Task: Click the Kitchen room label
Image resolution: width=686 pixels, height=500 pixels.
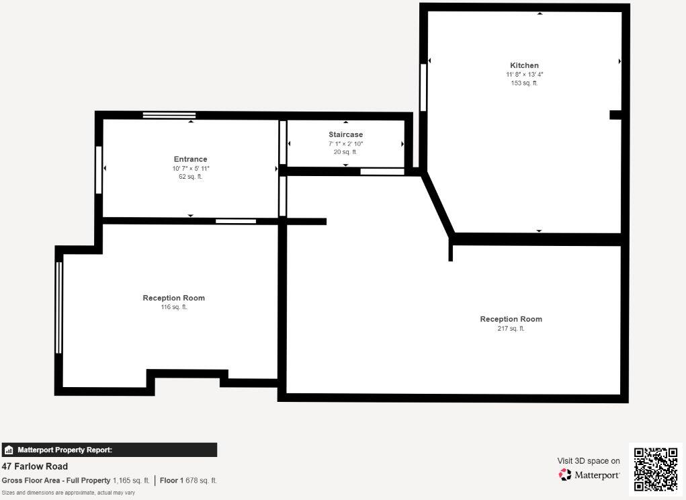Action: pos(524,65)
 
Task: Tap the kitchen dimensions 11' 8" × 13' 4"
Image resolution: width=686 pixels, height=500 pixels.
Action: pos(524,75)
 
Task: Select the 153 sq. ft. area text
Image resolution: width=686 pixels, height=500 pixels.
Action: pos(524,83)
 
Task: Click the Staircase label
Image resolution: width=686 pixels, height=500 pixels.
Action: pos(345,134)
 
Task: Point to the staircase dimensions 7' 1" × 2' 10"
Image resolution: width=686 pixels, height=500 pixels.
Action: pos(345,144)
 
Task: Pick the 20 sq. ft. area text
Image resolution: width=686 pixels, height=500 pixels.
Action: pos(345,152)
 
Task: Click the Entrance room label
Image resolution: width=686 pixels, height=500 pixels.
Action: pos(190,159)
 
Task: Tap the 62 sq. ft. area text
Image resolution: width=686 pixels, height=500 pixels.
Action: pos(190,177)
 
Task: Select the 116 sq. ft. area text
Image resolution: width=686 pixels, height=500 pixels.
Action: pos(173,307)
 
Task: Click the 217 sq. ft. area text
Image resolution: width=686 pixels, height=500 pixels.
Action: pos(511,329)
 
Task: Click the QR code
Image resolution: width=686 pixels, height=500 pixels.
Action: pos(656,468)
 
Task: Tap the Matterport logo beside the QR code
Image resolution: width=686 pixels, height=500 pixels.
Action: pos(589,475)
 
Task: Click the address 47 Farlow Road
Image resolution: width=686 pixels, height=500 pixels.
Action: pos(35,466)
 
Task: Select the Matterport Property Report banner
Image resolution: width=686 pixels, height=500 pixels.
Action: pos(109,450)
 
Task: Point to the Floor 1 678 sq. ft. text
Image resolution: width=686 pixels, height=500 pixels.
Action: pos(188,481)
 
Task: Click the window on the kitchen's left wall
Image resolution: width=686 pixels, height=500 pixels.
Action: pos(423,87)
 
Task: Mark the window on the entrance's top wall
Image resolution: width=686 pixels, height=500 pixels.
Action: pos(169,116)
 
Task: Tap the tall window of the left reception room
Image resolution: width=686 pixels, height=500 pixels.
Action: pos(59,307)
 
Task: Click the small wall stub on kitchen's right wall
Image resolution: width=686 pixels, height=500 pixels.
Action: pos(615,115)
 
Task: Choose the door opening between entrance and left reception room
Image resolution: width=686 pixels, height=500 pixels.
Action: pos(235,221)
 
